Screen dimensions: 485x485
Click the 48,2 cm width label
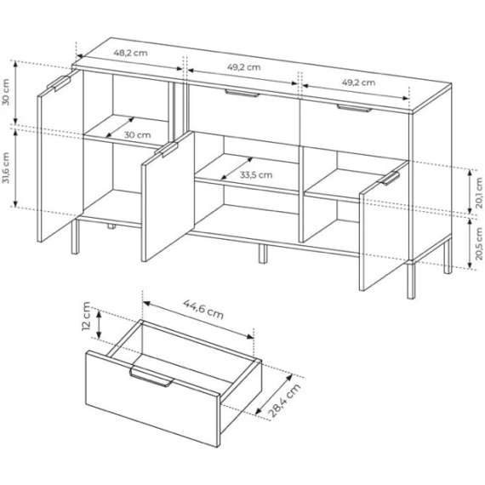(x=131, y=53)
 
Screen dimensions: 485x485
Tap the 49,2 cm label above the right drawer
(x=357, y=83)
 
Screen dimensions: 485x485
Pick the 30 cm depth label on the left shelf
(x=137, y=134)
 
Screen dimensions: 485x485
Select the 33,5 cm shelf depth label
(x=255, y=174)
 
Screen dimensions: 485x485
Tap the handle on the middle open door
(x=165, y=151)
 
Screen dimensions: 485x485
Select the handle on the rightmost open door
(x=391, y=178)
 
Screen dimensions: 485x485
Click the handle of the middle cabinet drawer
(x=241, y=94)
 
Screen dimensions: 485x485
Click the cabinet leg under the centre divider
(x=260, y=253)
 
